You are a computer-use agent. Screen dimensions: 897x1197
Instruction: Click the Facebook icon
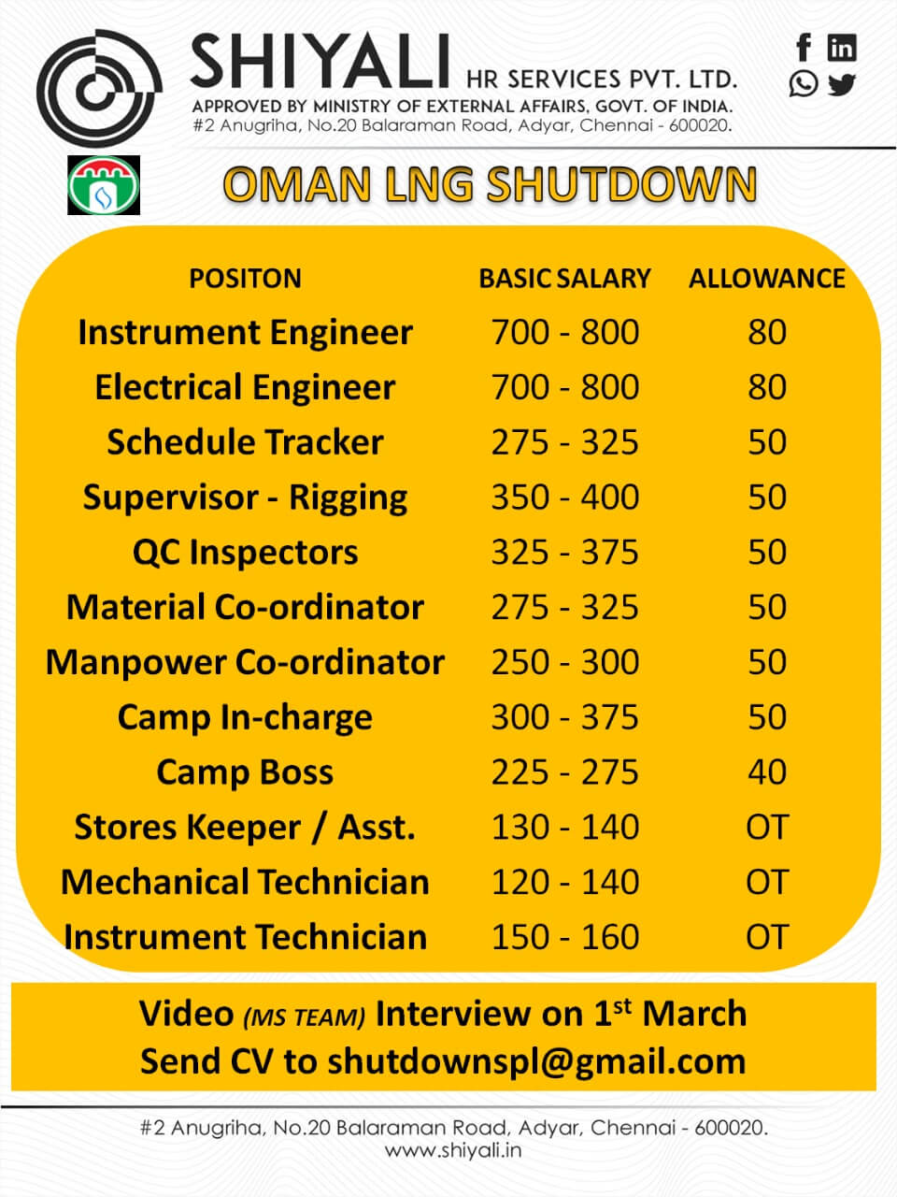804,47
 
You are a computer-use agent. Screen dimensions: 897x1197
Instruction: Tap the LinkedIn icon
842,48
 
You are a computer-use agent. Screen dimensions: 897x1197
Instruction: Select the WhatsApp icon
804,84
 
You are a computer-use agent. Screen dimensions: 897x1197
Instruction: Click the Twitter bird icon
842,84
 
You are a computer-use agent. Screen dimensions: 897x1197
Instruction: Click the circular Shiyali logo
99,87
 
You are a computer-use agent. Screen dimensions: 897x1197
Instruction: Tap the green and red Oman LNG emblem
104,185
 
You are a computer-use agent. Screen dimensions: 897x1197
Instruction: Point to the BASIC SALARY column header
564,278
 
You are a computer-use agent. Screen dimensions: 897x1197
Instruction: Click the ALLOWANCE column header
767,278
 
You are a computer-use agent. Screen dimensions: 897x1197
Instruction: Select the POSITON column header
245,278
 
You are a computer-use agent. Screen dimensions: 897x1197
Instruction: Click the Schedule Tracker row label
245,441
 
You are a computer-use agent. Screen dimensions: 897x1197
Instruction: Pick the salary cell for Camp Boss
564,772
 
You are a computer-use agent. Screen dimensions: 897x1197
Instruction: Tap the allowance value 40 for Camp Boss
767,772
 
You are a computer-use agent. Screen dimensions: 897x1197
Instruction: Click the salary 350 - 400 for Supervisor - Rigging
564,497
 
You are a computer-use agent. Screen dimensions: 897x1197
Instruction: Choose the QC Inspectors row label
245,553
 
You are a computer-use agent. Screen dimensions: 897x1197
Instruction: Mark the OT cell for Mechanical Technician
767,882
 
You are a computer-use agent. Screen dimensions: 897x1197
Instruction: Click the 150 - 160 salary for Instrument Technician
564,937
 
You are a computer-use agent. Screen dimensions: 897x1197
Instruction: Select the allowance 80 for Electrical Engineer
767,386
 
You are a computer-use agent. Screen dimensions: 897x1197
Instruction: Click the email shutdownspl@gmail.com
536,1062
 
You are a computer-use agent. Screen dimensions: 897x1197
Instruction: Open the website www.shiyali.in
453,1150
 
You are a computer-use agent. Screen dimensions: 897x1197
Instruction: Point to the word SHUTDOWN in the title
621,184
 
